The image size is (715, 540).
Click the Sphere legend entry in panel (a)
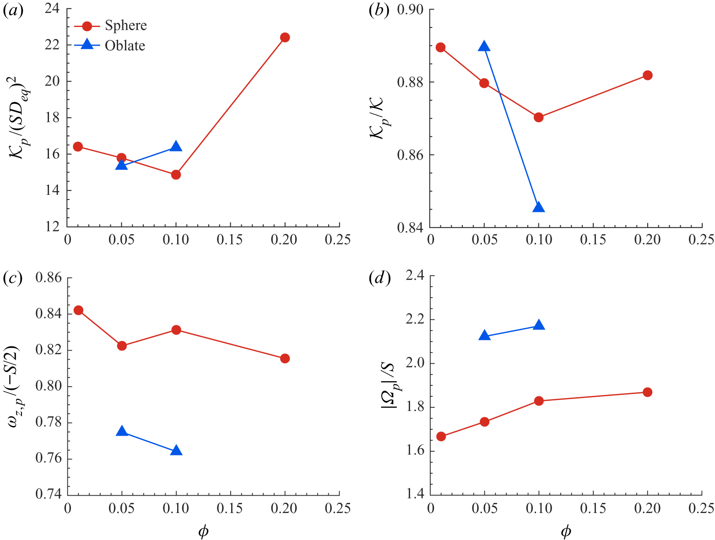coord(125,25)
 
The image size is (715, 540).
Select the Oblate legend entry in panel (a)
coord(125,46)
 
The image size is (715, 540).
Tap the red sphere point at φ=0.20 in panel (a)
coord(285,38)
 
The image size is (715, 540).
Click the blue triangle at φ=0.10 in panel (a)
coord(176,146)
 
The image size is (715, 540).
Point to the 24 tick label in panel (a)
coord(54,9)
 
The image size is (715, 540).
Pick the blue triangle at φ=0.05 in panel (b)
coord(484,46)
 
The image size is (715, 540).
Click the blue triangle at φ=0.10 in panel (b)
coord(539,207)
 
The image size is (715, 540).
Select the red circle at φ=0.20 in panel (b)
coord(647,75)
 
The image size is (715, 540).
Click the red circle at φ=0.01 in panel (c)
coord(78,310)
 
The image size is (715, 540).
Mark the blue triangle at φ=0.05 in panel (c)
coord(121,432)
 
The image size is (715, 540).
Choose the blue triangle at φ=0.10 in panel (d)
coord(539,325)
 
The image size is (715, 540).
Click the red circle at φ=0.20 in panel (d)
coord(647,392)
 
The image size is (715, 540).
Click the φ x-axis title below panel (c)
coord(203,531)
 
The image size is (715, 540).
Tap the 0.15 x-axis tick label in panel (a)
coord(230,239)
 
